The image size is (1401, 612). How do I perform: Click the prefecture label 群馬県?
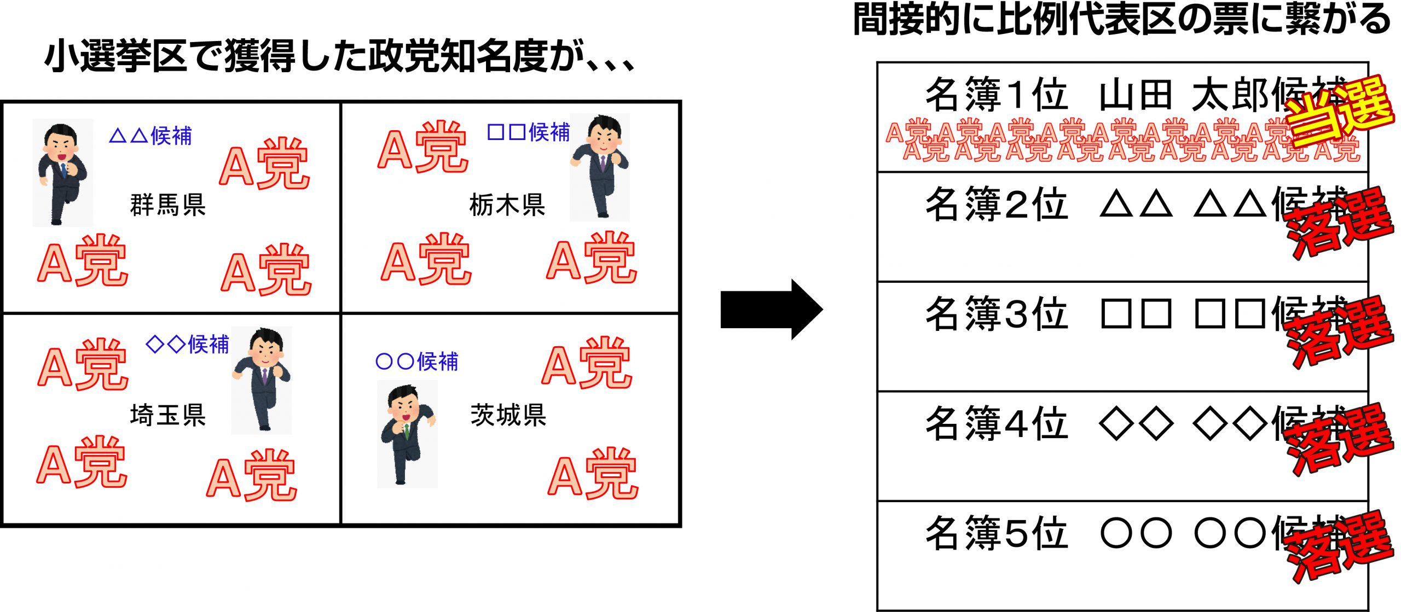click(x=167, y=205)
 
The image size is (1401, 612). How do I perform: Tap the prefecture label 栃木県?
click(x=507, y=205)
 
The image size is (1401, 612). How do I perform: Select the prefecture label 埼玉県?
click(x=167, y=415)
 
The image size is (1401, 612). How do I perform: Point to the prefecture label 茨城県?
click(x=508, y=415)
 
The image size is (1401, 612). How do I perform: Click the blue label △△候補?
click(x=150, y=136)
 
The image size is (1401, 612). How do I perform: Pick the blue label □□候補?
click(x=528, y=132)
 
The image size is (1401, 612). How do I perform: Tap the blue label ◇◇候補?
click(x=187, y=344)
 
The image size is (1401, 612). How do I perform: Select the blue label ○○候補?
click(x=416, y=362)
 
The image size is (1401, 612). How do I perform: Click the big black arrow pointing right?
click(x=771, y=310)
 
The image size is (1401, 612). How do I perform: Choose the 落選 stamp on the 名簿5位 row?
click(x=1338, y=546)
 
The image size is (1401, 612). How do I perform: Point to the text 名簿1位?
click(x=996, y=95)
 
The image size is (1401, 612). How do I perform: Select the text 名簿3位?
click(x=996, y=313)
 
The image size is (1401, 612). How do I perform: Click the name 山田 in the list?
click(x=1135, y=95)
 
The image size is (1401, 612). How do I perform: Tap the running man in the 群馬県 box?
click(x=62, y=172)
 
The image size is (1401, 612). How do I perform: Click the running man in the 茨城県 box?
click(x=407, y=434)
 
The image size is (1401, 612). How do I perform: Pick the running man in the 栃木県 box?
click(x=600, y=167)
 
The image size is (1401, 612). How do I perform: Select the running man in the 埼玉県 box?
click(x=262, y=380)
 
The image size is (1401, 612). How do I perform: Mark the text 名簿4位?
click(x=996, y=423)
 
